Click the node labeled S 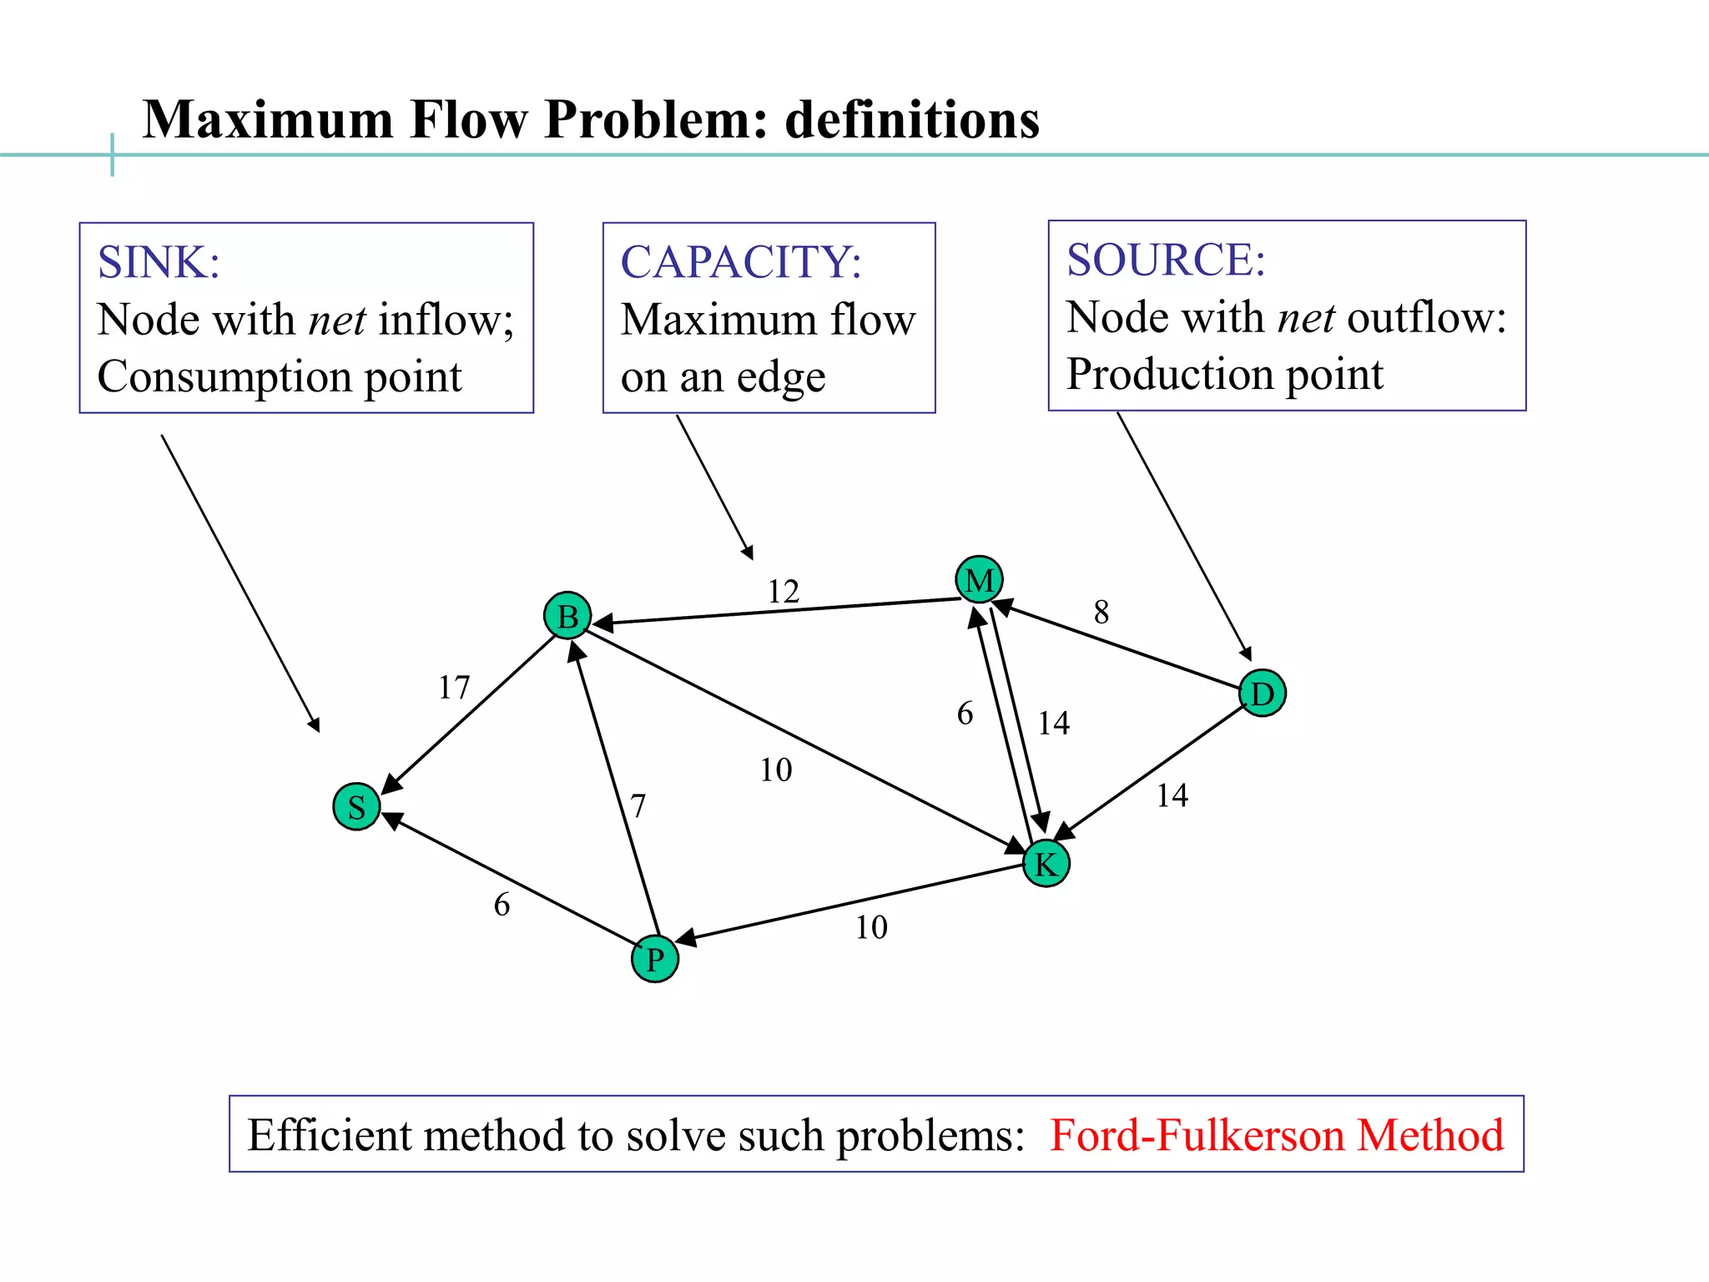coord(356,807)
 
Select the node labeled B coord(567,617)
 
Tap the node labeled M coord(979,579)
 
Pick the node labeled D coord(1262,694)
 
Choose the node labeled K coord(1046,864)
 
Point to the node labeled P coord(655,959)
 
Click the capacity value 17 coord(454,688)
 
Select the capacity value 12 coord(783,592)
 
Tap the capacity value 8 coord(1102,613)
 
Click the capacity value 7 coord(638,806)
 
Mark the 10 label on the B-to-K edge coord(775,770)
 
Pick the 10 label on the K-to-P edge coord(871,927)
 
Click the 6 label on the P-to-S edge coord(502,905)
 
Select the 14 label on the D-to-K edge coord(1172,795)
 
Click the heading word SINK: coord(159,262)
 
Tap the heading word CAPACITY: coord(741,262)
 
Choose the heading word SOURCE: coord(1166,260)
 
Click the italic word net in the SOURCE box coord(1306,318)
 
